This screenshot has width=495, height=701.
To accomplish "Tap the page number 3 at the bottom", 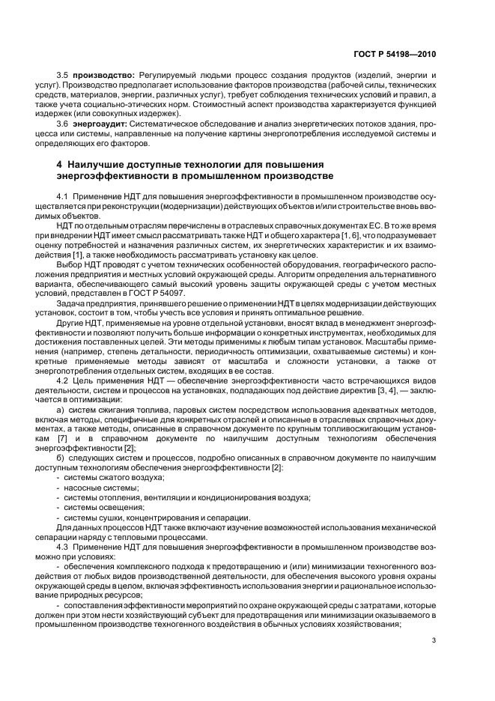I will (435, 640).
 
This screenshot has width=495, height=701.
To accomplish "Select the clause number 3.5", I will (63, 76).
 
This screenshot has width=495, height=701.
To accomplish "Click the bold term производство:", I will (103, 76).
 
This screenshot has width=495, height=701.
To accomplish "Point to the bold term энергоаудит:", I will (100, 123).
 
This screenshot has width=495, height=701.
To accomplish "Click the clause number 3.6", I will (63, 123).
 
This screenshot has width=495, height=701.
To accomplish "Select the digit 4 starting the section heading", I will (59, 164).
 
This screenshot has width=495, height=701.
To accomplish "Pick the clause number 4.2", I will (63, 381).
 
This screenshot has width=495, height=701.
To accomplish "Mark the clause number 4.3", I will (63, 546).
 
